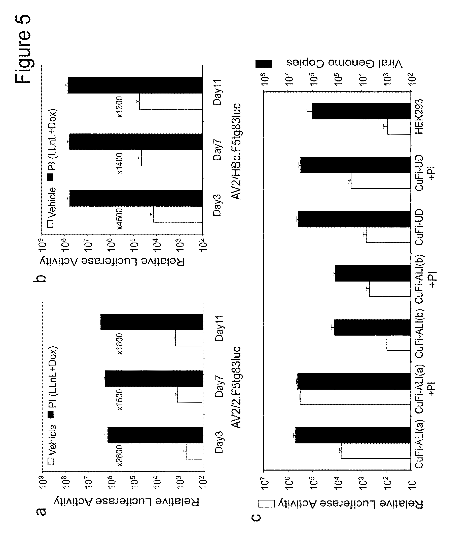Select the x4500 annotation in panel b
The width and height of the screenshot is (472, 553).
coord(120,219)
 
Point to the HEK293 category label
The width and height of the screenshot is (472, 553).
coord(419,116)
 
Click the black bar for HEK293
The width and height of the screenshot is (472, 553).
coord(361,111)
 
